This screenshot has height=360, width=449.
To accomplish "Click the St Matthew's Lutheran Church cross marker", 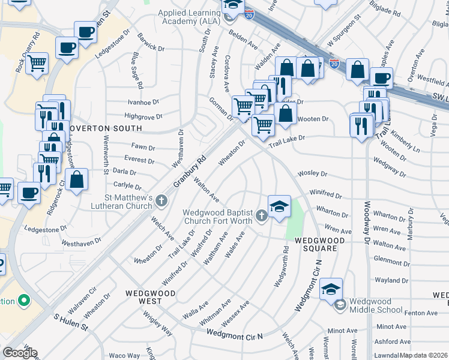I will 160,200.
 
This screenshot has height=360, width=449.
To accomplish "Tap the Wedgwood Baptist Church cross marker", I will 261,215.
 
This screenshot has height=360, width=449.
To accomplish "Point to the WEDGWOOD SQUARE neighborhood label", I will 320,244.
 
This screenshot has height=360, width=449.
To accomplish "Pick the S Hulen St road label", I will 71,323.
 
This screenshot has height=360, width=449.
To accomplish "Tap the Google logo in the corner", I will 20,353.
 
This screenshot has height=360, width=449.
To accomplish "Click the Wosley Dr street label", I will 315,174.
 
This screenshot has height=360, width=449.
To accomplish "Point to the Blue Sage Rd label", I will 135,67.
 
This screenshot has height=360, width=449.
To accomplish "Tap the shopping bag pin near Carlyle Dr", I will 77,179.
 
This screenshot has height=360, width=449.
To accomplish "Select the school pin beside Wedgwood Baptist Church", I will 279,207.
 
